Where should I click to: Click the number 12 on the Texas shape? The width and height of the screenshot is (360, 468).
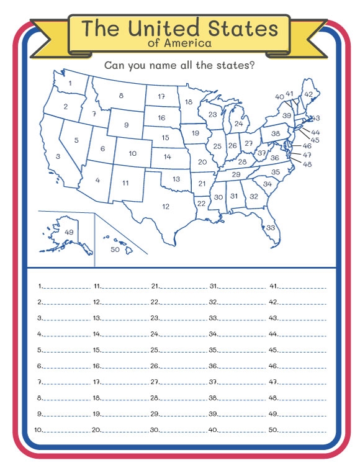click(x=166, y=207)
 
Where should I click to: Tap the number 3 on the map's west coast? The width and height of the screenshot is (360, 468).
click(x=58, y=156)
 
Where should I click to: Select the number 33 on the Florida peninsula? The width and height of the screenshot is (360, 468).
click(x=271, y=228)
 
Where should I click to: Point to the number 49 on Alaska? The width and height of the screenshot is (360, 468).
click(x=69, y=232)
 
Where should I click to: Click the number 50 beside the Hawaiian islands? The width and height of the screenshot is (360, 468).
click(x=115, y=250)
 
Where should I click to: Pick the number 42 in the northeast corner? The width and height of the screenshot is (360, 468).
click(x=308, y=94)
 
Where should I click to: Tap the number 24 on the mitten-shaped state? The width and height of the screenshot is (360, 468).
click(x=239, y=124)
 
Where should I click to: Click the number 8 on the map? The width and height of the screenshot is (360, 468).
click(x=121, y=96)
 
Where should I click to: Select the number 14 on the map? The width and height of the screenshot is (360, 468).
click(x=168, y=157)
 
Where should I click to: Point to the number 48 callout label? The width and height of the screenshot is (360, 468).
click(x=307, y=164)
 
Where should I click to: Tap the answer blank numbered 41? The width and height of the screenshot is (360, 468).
click(x=303, y=287)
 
